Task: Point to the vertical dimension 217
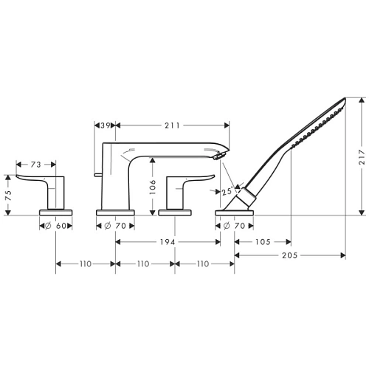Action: [x=360, y=157]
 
